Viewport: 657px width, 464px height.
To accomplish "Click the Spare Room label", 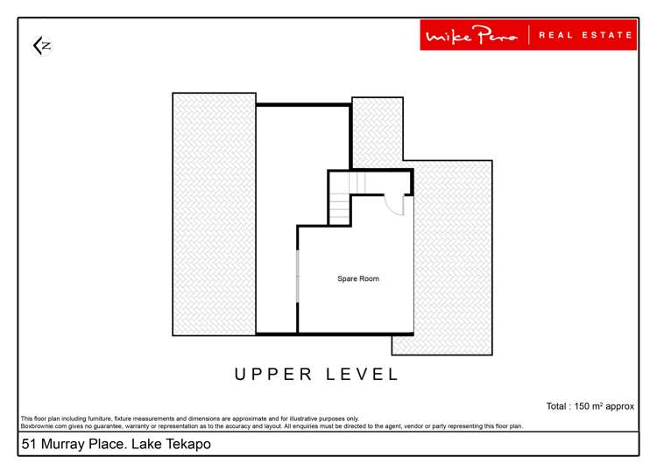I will [x=358, y=278].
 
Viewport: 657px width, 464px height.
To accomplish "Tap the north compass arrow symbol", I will [x=41, y=46].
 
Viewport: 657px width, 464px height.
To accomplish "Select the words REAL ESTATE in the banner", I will [x=585, y=35].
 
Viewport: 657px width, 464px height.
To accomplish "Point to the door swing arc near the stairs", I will [x=396, y=205].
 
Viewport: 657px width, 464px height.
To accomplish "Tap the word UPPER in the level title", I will [x=273, y=375].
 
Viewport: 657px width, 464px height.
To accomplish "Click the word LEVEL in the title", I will [x=364, y=375].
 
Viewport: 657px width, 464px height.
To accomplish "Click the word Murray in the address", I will [x=67, y=445].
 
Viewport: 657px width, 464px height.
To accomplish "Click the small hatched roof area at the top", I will [x=378, y=131].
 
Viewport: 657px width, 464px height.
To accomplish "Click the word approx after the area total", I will [x=620, y=406].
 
